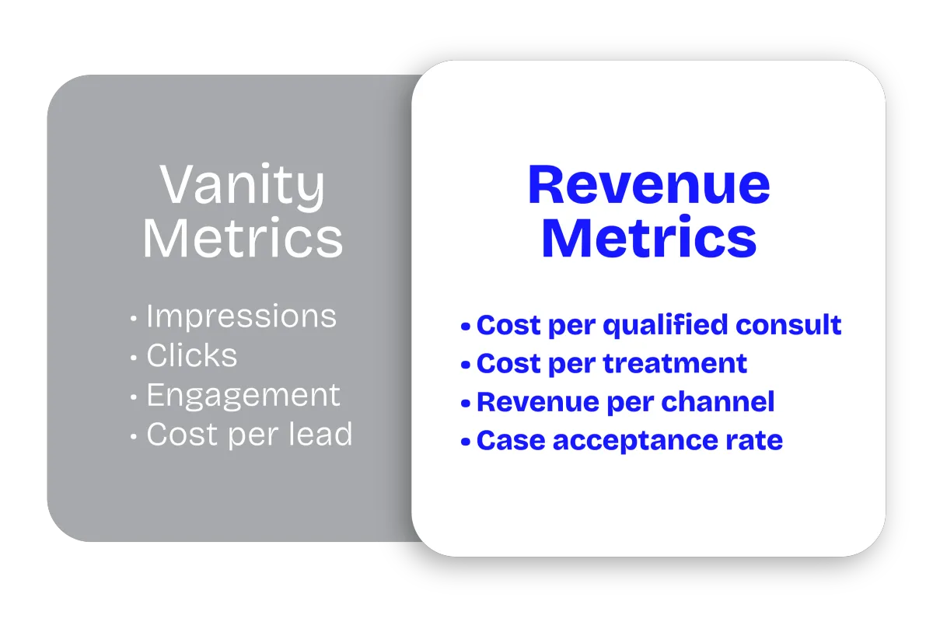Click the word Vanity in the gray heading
pos(242,187)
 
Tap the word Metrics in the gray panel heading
pos(243,238)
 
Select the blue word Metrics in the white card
pos(649,237)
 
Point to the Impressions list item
pos(241,316)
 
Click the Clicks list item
pos(191,355)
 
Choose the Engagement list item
pos(243,397)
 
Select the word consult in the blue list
pos(788,324)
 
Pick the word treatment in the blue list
pos(675,363)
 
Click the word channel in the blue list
pos(718,402)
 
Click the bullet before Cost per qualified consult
pos(466,327)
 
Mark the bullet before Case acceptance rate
pos(466,442)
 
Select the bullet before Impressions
pos(133,319)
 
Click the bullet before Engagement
pos(133,397)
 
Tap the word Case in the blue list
pos(511,441)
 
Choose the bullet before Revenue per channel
pos(466,404)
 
